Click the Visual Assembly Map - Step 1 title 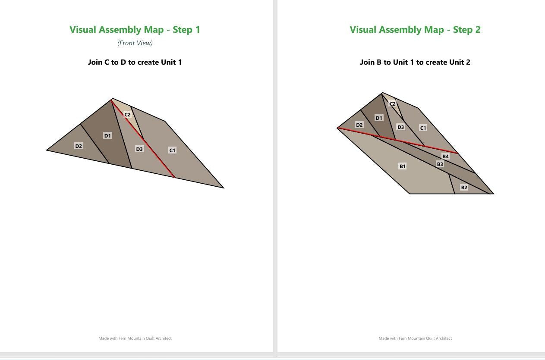(135, 30)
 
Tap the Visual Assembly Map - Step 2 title (415, 30)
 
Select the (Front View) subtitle (135, 43)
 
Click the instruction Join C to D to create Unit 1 (135, 62)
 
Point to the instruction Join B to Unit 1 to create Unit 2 (415, 62)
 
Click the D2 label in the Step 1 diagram (79, 146)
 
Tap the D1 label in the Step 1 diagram (107, 135)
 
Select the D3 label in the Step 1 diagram (139, 149)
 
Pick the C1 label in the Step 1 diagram (172, 150)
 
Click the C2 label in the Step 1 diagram (127, 115)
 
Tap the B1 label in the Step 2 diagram (403, 166)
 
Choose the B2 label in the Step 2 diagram (464, 188)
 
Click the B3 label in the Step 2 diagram (440, 164)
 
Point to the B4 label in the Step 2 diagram (445, 157)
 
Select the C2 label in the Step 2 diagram (392, 104)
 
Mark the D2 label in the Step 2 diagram (359, 125)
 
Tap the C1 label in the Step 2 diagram (423, 128)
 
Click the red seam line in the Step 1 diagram (143, 138)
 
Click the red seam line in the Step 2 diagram (397, 141)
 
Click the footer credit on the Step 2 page (415, 338)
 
